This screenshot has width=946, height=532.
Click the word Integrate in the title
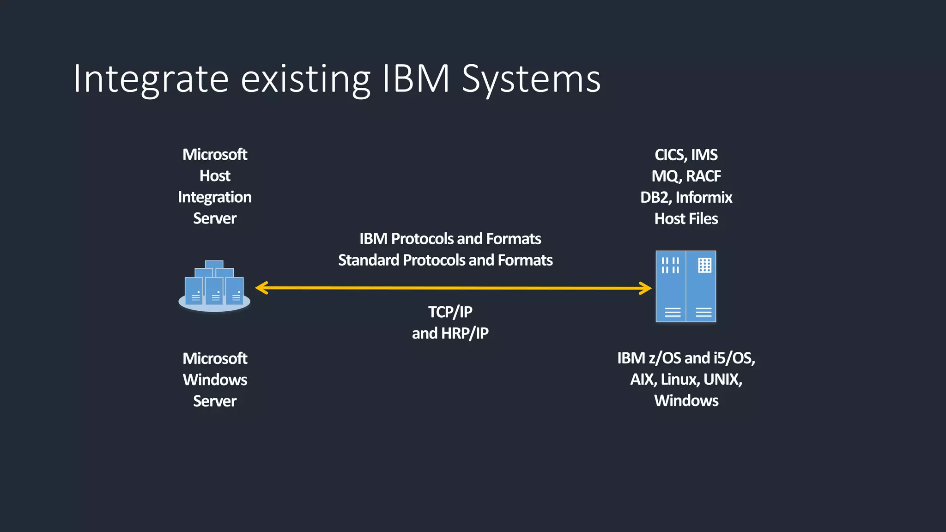(x=151, y=79)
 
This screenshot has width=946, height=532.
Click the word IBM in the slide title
(x=416, y=79)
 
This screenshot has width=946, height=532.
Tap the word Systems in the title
(x=531, y=79)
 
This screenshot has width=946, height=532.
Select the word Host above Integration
(x=215, y=176)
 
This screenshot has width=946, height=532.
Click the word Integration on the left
(x=215, y=198)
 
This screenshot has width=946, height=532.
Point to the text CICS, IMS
(x=686, y=155)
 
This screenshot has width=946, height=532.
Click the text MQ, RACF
(x=686, y=176)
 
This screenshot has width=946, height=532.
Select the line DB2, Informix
(x=686, y=198)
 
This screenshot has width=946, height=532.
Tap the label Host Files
(x=686, y=219)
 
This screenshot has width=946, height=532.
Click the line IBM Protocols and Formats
(x=450, y=239)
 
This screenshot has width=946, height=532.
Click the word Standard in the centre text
(x=368, y=260)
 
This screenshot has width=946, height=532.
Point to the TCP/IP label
(x=450, y=312)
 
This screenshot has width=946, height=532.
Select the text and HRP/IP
(x=450, y=333)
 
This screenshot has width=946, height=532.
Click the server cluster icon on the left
(x=214, y=286)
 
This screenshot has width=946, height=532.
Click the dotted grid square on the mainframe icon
(x=704, y=265)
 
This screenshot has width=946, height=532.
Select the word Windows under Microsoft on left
(x=215, y=380)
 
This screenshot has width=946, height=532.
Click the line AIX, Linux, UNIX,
(x=686, y=380)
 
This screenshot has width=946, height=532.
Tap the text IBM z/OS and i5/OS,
(x=686, y=358)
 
